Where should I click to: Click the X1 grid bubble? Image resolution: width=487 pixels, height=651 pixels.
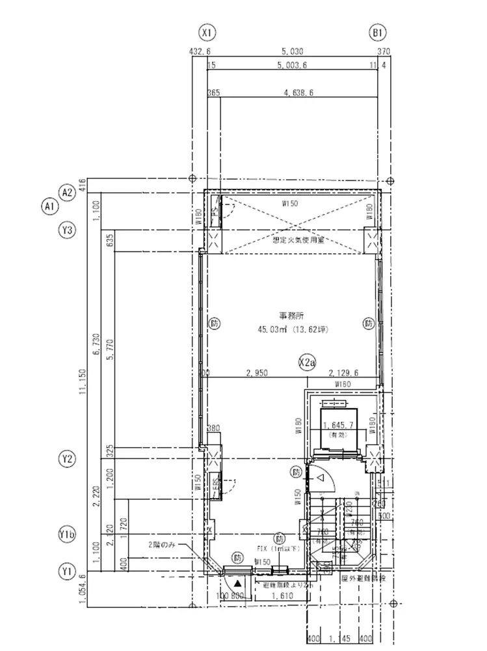[x=208, y=32]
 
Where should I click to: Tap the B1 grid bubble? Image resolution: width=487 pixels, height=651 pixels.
[x=378, y=32]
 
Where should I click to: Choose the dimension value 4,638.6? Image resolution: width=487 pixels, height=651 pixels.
[x=299, y=93]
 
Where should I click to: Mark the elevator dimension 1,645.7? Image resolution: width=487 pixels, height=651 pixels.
[x=337, y=425]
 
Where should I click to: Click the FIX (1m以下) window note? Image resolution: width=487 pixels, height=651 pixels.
[x=279, y=549]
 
